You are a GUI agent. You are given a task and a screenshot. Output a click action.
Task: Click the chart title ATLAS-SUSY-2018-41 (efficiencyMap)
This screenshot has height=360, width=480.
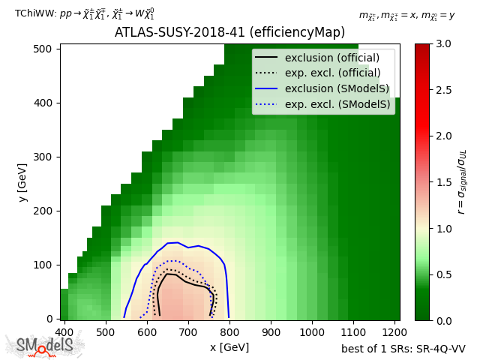(229, 33)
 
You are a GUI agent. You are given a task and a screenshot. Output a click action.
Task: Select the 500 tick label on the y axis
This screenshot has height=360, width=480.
(46, 49)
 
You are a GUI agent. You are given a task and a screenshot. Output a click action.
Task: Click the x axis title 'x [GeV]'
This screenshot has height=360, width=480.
(229, 347)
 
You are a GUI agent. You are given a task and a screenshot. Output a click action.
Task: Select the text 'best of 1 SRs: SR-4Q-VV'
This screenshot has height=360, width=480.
(403, 349)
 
